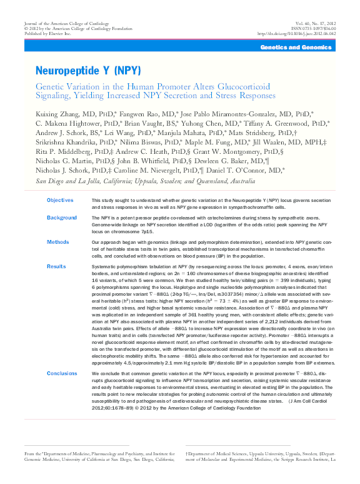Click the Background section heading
click(x=62, y=218)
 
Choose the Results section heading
click(x=56, y=266)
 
